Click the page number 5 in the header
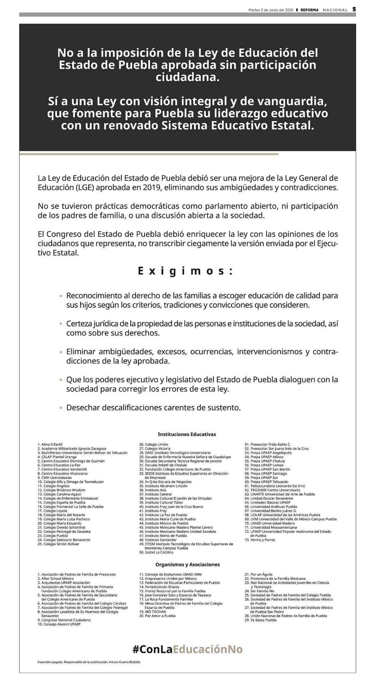click(x=354, y=10)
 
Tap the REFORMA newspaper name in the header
click(x=309, y=10)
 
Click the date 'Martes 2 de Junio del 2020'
click(x=271, y=10)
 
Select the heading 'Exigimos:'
click(x=185, y=271)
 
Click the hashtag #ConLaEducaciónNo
click(x=187, y=649)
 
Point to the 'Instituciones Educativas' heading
click(x=187, y=434)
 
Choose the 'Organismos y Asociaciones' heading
click(x=187, y=564)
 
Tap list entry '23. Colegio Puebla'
click(x=53, y=536)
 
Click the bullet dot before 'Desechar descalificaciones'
click(x=61, y=408)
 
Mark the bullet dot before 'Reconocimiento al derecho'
click(x=61, y=296)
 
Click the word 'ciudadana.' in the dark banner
click(x=187, y=77)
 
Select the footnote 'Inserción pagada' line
click(x=89, y=662)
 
